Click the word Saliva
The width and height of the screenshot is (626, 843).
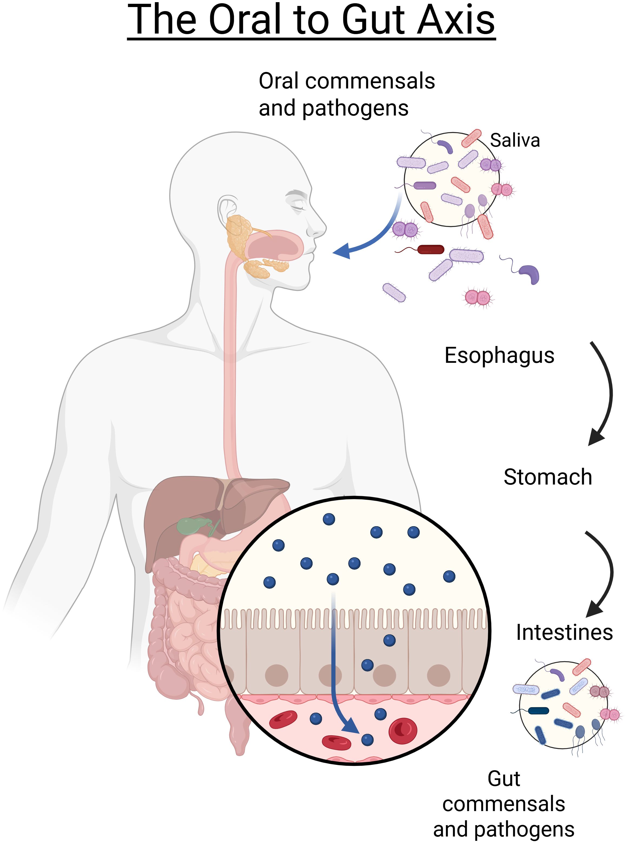(x=515, y=141)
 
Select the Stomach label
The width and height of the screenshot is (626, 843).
(x=548, y=477)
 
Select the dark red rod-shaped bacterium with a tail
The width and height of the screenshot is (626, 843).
(x=430, y=249)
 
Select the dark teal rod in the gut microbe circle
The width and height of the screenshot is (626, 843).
(x=538, y=711)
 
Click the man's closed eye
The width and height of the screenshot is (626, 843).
(x=297, y=206)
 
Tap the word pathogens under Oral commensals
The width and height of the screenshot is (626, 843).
(x=355, y=108)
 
